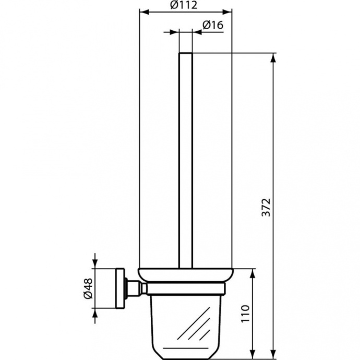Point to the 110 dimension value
[246, 314]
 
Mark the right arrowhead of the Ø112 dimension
[228, 11]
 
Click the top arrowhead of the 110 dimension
[253, 273]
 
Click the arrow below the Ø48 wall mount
[95, 313]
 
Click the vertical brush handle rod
[186, 157]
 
